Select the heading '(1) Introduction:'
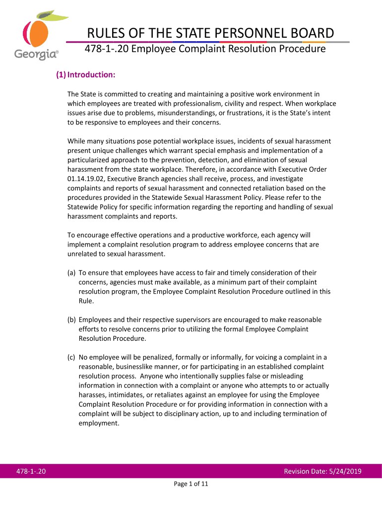tap(85, 75)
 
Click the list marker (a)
tap(72, 273)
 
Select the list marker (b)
tap(72, 319)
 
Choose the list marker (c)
tap(72, 357)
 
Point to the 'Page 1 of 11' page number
tap(191, 485)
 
